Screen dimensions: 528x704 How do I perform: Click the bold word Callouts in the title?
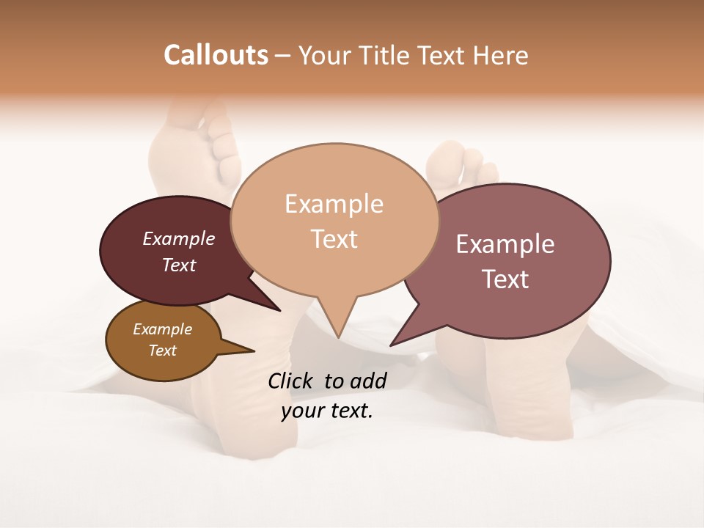pyautogui.click(x=216, y=55)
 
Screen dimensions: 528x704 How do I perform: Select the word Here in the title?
pyautogui.click(x=502, y=55)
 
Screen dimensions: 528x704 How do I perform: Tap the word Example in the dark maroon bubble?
pyautogui.click(x=179, y=238)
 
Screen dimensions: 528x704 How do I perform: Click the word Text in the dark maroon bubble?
pyautogui.click(x=179, y=265)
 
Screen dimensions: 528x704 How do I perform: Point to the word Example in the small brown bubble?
pyautogui.click(x=162, y=329)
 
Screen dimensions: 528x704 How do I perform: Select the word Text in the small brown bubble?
pyautogui.click(x=162, y=351)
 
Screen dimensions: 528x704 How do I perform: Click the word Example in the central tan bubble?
pyautogui.click(x=334, y=204)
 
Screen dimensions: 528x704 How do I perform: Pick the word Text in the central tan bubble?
pyautogui.click(x=334, y=239)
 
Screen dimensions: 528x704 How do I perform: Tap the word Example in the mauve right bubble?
pyautogui.click(x=505, y=244)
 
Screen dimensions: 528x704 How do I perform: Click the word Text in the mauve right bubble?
pyautogui.click(x=505, y=279)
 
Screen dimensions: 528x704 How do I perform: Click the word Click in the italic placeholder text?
pyautogui.click(x=291, y=381)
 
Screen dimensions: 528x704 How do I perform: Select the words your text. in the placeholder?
pyautogui.click(x=327, y=411)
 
